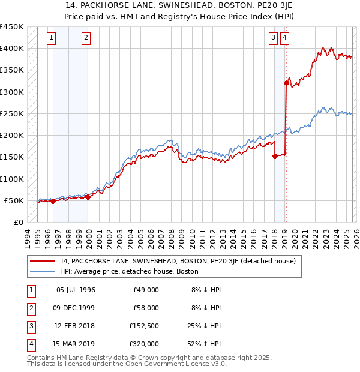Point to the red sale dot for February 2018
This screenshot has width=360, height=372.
[275, 156]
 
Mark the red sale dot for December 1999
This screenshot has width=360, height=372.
[88, 197]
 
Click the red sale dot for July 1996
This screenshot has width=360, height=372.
[53, 201]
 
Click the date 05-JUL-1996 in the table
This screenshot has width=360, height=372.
[76, 290]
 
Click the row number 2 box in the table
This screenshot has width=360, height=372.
[31, 308]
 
